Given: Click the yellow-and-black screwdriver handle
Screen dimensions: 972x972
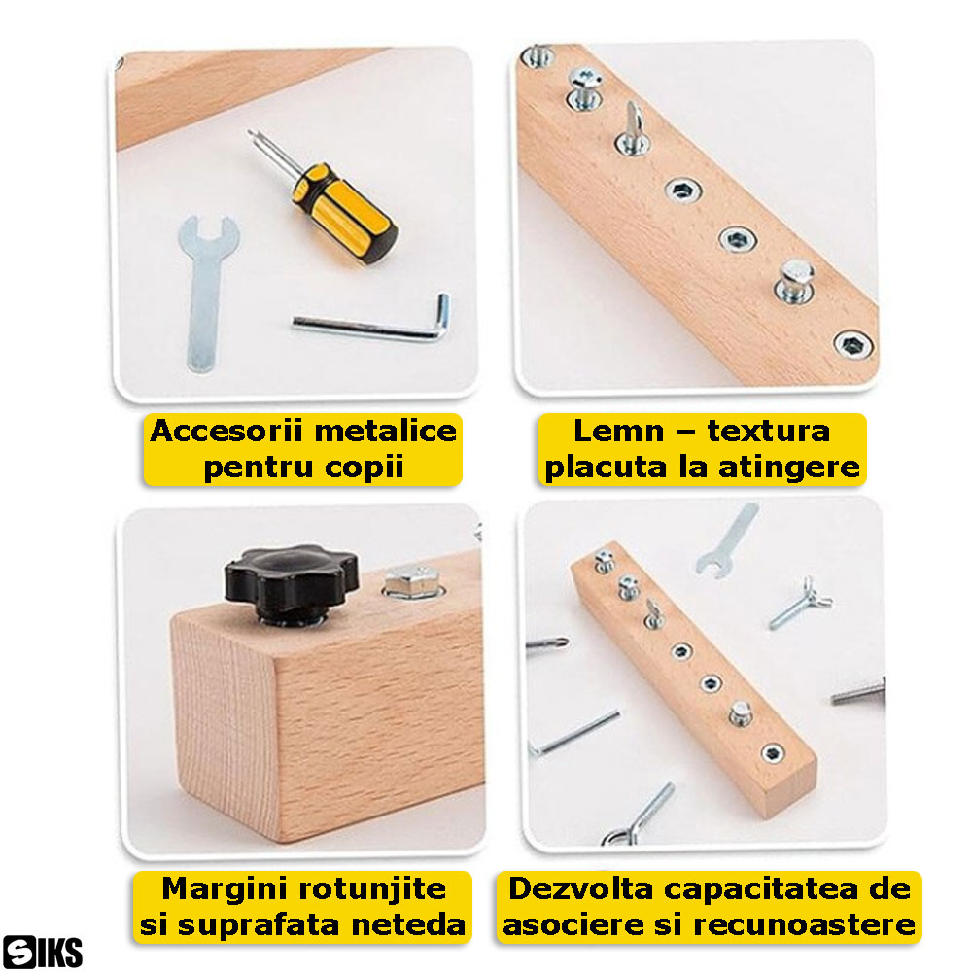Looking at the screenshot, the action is [345, 214].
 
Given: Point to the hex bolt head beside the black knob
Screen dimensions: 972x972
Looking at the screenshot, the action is [412, 581].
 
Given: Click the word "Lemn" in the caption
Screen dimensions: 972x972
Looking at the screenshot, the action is [618, 431].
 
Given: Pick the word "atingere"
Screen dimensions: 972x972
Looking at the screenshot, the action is [789, 468].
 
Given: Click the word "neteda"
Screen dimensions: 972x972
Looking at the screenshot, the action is [408, 925].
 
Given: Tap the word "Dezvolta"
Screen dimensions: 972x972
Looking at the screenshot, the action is [581, 889].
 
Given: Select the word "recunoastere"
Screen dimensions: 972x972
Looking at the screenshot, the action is [804, 925].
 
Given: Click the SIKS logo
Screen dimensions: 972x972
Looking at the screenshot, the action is [42, 952].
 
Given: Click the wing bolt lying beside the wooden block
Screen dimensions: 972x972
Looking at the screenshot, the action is [801, 604].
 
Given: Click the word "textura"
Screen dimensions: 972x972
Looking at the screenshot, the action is [769, 431].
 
